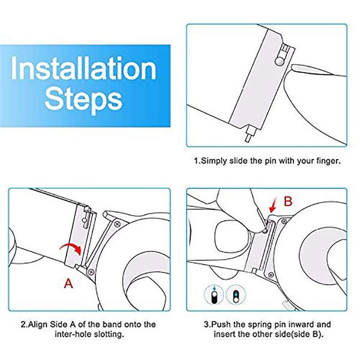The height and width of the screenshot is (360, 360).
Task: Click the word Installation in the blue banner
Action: (x=83, y=69)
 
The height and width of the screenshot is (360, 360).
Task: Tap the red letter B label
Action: (x=287, y=202)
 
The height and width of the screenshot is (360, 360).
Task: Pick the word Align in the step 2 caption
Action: (x=41, y=325)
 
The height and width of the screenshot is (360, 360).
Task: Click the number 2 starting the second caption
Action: (x=23, y=325)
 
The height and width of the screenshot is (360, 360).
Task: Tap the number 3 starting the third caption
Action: (x=204, y=325)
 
